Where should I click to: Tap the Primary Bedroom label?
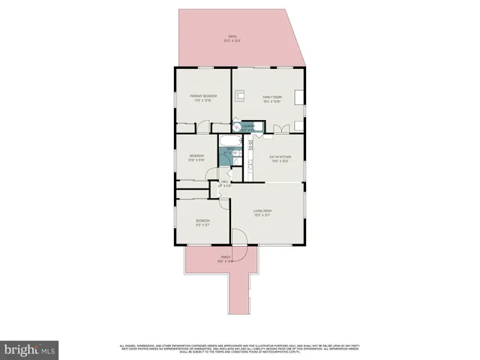tap(203, 98)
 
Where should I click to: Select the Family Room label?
tap(271, 98)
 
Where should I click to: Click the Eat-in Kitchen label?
tap(280, 158)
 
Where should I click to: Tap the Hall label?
tap(224, 184)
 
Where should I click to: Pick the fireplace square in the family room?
tap(241, 95)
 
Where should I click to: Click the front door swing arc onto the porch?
tap(239, 237)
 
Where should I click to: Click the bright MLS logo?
tap(30, 349)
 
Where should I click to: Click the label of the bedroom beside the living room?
tap(202, 221)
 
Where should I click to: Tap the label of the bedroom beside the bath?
tap(196, 157)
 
